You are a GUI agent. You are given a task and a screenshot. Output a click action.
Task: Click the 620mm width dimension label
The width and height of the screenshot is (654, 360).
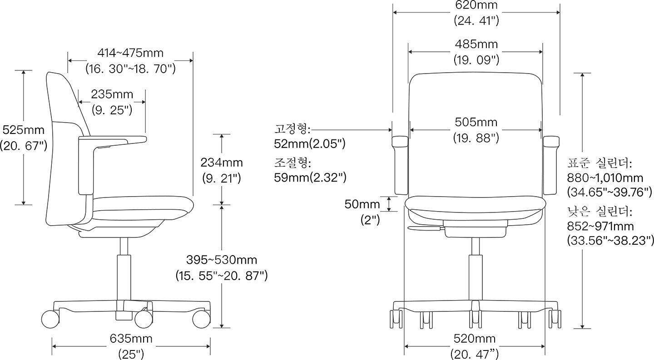(x=476, y=5)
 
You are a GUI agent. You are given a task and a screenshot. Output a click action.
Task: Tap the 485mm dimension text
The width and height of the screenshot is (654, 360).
(x=476, y=44)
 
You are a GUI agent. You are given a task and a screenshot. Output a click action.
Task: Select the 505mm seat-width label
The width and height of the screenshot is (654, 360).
(x=476, y=122)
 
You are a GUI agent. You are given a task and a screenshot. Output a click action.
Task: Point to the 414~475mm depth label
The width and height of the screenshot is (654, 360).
(x=130, y=53)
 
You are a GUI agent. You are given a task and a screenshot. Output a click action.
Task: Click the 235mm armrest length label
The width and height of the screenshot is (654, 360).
(x=112, y=94)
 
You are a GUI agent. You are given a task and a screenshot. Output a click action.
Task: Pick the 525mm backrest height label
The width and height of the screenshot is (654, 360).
(x=23, y=130)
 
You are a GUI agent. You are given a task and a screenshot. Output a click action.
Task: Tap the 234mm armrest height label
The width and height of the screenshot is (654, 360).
(x=222, y=163)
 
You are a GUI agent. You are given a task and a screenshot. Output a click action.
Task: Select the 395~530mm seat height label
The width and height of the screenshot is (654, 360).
(x=222, y=260)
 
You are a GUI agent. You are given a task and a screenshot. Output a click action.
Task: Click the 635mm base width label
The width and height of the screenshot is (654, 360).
(x=131, y=338)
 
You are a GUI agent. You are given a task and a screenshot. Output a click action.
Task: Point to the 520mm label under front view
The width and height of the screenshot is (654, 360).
(x=475, y=338)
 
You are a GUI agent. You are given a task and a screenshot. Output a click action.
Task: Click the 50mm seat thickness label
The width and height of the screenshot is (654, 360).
(x=362, y=204)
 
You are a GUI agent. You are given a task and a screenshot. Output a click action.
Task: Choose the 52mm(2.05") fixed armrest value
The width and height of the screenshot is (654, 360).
(x=309, y=144)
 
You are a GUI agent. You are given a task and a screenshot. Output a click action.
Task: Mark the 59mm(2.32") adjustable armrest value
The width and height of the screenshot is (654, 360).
(x=310, y=178)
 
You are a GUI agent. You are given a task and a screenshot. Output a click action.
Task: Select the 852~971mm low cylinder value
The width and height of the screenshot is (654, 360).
(x=600, y=227)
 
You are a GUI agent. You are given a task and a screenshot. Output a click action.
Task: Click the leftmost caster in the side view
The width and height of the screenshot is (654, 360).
(x=50, y=319)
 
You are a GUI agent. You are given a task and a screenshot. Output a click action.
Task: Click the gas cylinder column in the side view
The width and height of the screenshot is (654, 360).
(x=124, y=277)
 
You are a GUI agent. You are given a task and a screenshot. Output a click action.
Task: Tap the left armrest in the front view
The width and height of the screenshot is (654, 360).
(x=401, y=165)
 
